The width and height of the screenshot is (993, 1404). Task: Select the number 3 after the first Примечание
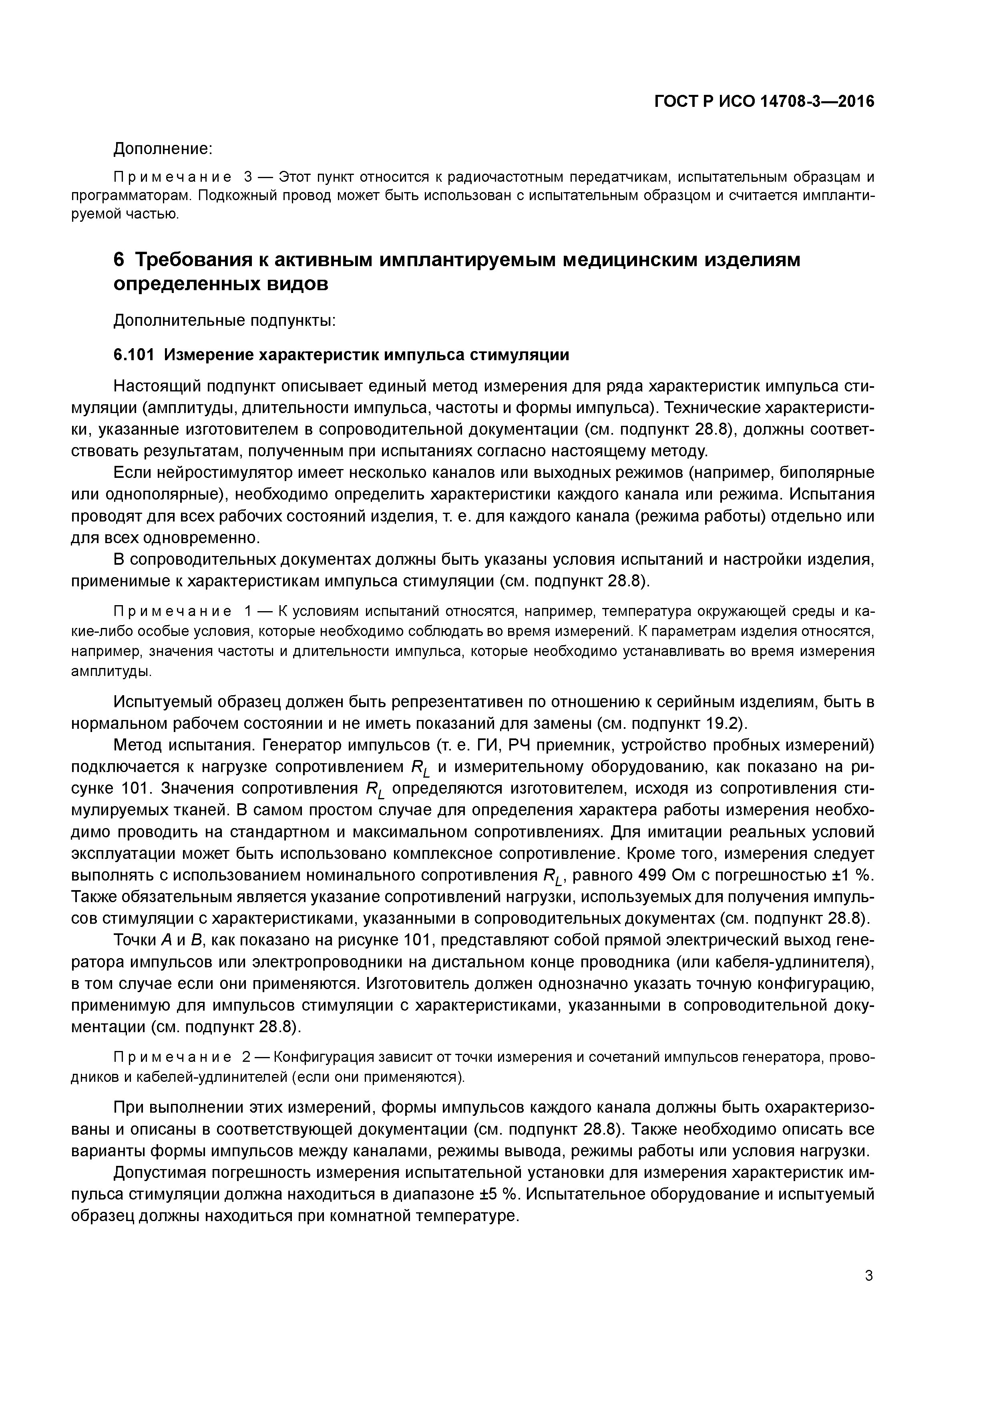pyautogui.click(x=248, y=177)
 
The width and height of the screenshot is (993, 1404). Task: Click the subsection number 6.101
pyautogui.click(x=134, y=355)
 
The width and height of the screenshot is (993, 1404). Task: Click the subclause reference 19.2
pyautogui.click(x=724, y=723)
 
